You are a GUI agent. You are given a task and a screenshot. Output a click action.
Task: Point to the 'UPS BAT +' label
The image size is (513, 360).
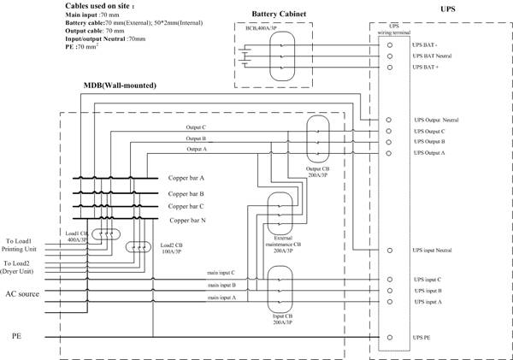[x=427, y=66]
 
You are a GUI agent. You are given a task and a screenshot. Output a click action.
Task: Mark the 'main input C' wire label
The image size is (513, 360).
[x=221, y=273]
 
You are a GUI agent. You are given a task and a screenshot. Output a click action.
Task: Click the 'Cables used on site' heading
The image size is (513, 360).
[x=105, y=5]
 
